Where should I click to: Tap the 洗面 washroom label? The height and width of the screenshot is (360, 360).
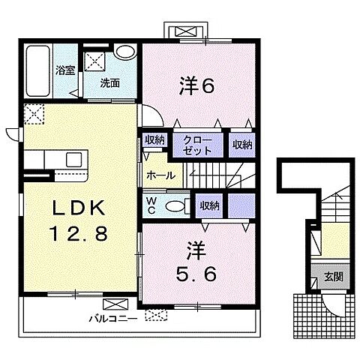pos(111,83)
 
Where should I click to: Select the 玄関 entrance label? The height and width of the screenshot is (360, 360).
pos(332,275)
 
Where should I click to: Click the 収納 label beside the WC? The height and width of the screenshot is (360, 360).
pos(209,204)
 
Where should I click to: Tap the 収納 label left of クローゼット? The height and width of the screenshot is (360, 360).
pos(155,139)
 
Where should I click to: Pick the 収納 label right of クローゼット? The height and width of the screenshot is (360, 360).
pos(241,145)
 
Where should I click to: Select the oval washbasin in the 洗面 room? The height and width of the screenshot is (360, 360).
pos(125,52)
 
